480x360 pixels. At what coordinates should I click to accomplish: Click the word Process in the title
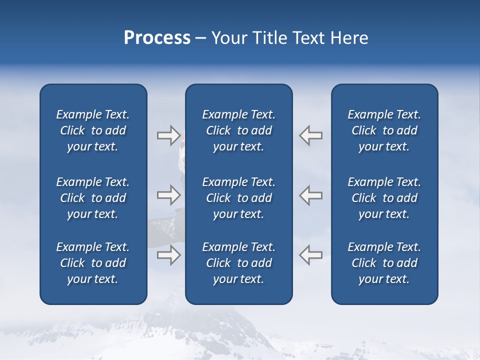157,38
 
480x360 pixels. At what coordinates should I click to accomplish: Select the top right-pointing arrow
168,135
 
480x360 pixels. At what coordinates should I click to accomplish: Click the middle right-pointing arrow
168,195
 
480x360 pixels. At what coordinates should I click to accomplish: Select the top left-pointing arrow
311,135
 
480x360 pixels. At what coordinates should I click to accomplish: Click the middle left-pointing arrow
311,195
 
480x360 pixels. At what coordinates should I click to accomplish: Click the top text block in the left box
93,130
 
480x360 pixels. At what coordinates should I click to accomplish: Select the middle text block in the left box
93,198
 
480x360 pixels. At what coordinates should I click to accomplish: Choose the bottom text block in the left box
93,263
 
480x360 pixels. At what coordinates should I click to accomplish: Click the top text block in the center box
238,130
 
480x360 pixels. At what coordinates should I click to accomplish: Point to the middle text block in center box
238,198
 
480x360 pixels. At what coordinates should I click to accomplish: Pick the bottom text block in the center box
238,263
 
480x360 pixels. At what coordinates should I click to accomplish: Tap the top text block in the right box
384,130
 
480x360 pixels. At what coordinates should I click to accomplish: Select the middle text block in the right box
384,198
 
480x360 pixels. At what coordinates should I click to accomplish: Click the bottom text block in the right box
384,263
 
